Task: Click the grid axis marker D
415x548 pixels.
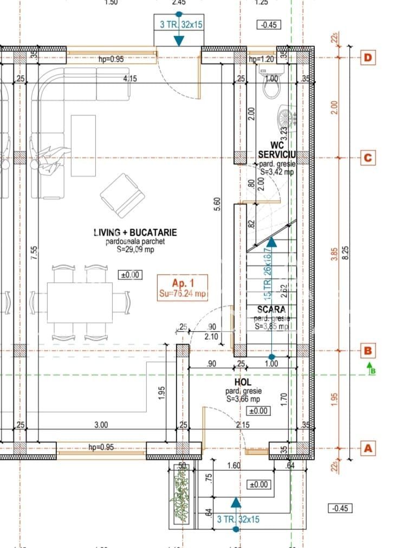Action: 368,57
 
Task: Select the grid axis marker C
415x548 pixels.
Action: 368,158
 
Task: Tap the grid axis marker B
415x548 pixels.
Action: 368,350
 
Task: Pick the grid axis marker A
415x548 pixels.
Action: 368,448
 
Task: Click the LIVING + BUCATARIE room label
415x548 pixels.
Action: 135,233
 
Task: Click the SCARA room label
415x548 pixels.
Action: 271,309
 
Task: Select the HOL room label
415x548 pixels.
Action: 243,383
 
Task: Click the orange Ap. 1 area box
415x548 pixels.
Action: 183,288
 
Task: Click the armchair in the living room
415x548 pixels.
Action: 122,195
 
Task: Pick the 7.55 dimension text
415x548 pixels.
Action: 34,253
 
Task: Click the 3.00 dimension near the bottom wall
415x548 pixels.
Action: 101,424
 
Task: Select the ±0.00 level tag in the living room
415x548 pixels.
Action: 129,275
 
